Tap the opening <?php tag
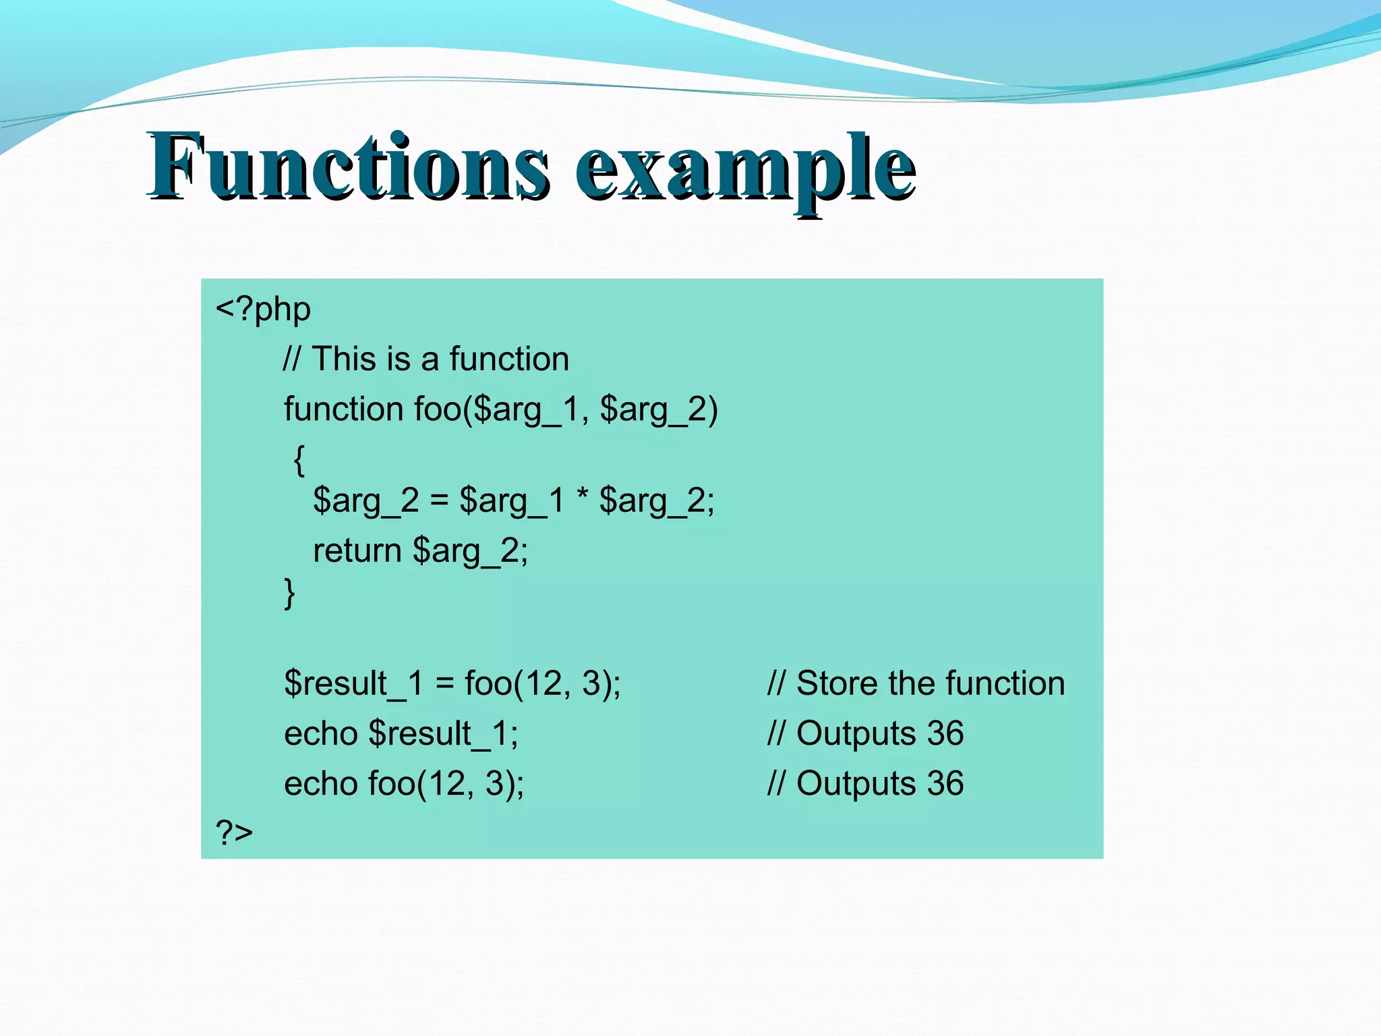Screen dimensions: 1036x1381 coord(263,310)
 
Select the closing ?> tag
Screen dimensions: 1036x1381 coord(234,832)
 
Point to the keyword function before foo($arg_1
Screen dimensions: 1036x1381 coord(343,409)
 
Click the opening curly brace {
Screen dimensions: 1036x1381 coord(299,461)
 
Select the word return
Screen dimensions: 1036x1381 coord(357,550)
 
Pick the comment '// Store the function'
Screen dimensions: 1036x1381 coord(916,683)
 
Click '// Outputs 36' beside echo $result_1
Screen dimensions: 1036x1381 coord(865,734)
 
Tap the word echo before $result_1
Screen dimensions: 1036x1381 coord(320,734)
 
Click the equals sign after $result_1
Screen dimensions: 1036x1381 coord(444,683)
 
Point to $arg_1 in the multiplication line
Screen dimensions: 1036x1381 coord(511,501)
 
